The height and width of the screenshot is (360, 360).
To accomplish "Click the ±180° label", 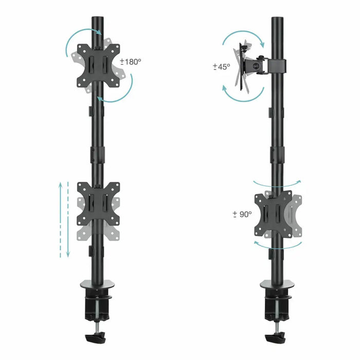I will pos(131,62).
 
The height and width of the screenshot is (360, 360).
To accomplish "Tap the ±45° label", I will pos(221,67).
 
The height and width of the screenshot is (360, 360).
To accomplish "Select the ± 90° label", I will pos(242,213).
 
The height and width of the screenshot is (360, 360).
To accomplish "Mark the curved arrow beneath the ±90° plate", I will pos(278,246).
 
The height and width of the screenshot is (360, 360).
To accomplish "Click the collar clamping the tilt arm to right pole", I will pos(278,65).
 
